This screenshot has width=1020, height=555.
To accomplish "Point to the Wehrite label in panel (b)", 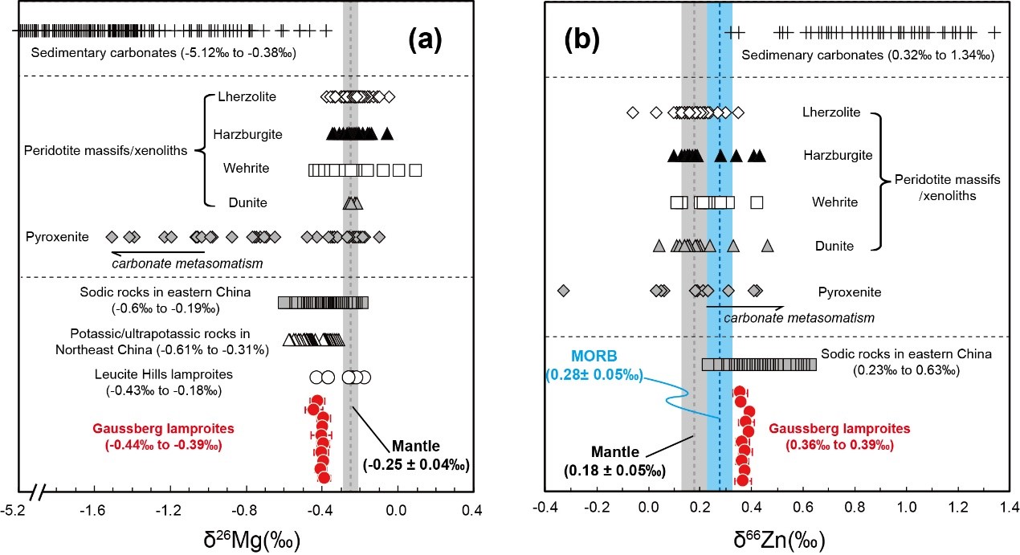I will pyautogui.click(x=835, y=201).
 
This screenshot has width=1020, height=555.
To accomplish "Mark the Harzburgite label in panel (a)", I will pyautogui.click(x=248, y=133).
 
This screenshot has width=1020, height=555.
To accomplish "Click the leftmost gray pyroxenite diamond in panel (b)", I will pyautogui.click(x=563, y=290).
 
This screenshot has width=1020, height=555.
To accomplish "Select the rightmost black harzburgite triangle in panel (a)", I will pyautogui.click(x=387, y=133).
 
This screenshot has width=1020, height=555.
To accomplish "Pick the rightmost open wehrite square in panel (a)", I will pyautogui.click(x=415, y=169).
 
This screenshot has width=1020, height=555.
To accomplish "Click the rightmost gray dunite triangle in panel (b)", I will pyautogui.click(x=767, y=246).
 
